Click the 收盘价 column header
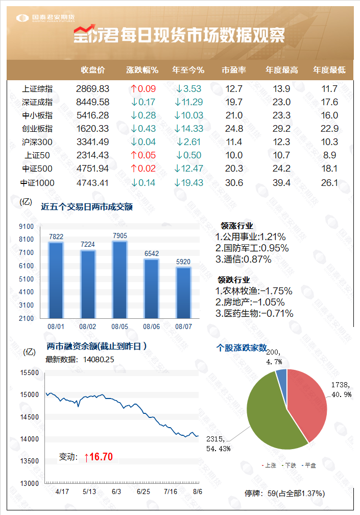(x=93, y=70)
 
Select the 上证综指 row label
(x=37, y=88)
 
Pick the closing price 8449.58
(x=93, y=102)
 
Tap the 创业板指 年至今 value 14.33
(x=188, y=129)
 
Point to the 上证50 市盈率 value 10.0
(x=234, y=155)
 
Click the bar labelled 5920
(x=183, y=292)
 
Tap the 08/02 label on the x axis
(x=87, y=325)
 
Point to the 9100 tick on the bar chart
(x=27, y=226)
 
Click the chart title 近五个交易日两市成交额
(x=87, y=206)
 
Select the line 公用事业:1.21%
(x=250, y=237)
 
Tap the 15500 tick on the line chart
(x=30, y=372)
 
